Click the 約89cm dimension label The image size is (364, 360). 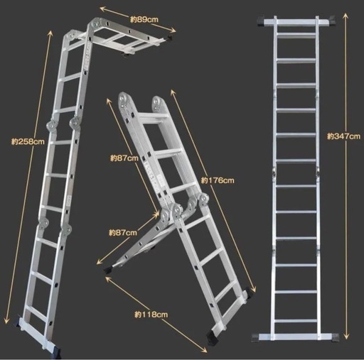click(144, 19)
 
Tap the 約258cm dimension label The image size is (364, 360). click(28, 141)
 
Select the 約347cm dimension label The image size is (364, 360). click(344, 136)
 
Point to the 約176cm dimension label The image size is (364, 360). click(218, 180)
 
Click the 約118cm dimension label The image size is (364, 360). click(151, 315)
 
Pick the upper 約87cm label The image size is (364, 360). click(124, 158)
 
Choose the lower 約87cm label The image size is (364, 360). click(123, 233)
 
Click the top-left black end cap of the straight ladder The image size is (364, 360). click(261, 21)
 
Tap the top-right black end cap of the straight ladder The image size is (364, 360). click(331, 21)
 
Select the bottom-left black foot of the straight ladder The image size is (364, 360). click(255, 337)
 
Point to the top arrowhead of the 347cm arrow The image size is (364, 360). click(346, 16)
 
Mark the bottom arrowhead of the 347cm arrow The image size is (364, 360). click(346, 336)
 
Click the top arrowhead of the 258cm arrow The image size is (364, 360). click(50, 33)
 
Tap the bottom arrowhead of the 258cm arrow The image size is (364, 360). click(6, 320)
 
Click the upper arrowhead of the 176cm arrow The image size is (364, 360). click(173, 92)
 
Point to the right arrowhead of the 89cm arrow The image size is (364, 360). click(173, 31)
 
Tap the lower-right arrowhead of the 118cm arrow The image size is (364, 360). click(204, 350)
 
